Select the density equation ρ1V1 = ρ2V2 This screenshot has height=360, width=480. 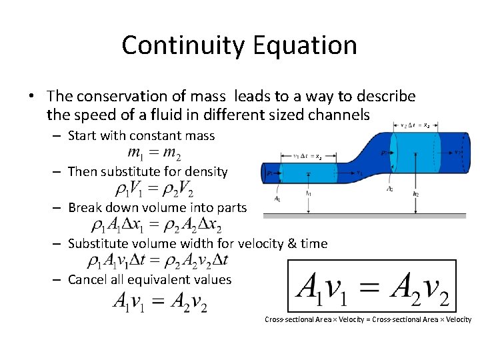click(154, 190)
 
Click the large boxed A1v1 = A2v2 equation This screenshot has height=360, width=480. click(372, 286)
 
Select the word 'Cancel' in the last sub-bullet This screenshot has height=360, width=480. click(88, 279)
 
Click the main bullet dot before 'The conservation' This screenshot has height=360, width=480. click(31, 97)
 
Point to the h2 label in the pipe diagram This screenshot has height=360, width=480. click(416, 194)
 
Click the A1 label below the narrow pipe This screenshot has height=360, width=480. click(277, 199)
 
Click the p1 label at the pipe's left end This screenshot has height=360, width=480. click(269, 173)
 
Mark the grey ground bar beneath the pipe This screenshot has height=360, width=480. click(364, 215)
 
